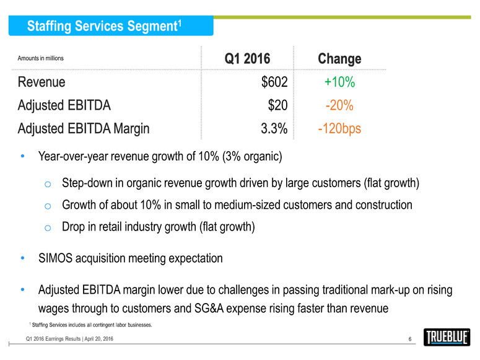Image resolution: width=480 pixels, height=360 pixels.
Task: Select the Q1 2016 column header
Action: tap(247, 59)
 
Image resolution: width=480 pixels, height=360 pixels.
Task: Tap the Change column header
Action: tap(339, 59)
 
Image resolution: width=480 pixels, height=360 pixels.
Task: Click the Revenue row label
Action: tap(41, 82)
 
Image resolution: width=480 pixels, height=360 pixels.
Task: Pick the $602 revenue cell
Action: tap(274, 82)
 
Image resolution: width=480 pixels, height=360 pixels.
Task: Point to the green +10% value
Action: tap(339, 82)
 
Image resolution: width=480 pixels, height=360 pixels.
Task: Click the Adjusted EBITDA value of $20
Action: tap(277, 105)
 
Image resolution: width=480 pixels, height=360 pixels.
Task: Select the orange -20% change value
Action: tap(339, 105)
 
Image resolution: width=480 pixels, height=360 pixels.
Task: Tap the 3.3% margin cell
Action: tap(273, 128)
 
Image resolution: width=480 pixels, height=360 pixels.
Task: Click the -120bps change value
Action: tap(339, 128)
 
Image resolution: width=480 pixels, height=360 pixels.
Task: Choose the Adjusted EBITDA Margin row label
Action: tap(84, 128)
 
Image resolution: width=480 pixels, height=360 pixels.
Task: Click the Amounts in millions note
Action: tap(41, 58)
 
